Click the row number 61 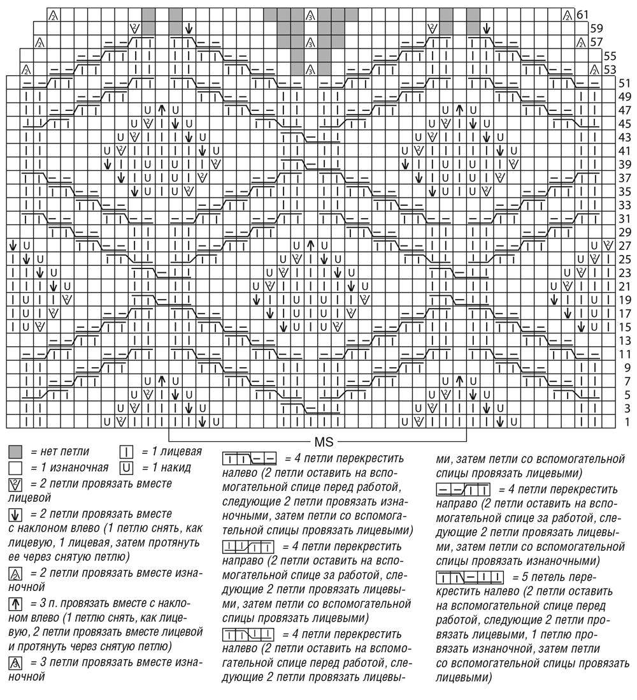click(582, 14)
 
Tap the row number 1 click(627, 422)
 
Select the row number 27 click(624, 245)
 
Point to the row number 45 click(624, 123)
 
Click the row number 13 click(624, 340)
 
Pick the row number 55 click(610, 55)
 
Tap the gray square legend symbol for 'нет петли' click(17, 453)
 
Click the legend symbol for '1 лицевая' click(125, 453)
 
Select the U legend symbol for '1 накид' click(125, 468)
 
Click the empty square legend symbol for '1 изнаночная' click(17, 468)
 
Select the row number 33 click(624, 205)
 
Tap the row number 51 click(624, 82)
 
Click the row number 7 click(627, 381)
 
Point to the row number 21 click(624, 286)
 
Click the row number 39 click(624, 164)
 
